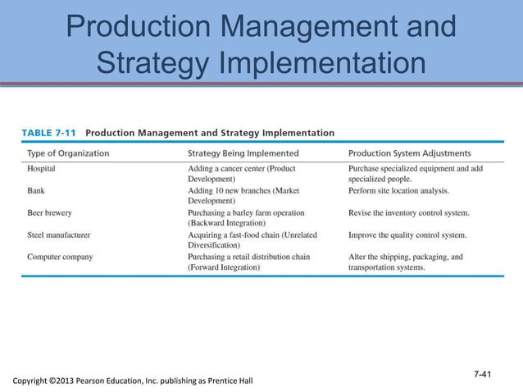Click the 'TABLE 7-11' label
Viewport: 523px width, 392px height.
(x=48, y=132)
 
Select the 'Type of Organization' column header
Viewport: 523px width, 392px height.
(x=69, y=153)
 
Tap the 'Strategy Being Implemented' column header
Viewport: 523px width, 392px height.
(x=243, y=153)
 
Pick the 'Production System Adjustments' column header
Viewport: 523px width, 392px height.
(x=409, y=153)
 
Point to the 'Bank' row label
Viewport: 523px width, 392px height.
(x=38, y=190)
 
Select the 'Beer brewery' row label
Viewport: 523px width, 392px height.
(x=49, y=212)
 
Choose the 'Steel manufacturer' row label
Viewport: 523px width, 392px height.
(x=58, y=235)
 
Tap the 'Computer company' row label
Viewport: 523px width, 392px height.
(x=60, y=257)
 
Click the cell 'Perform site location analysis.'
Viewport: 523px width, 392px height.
(x=398, y=190)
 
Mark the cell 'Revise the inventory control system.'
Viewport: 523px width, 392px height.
(x=408, y=212)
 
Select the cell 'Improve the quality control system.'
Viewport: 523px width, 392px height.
(x=407, y=235)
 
